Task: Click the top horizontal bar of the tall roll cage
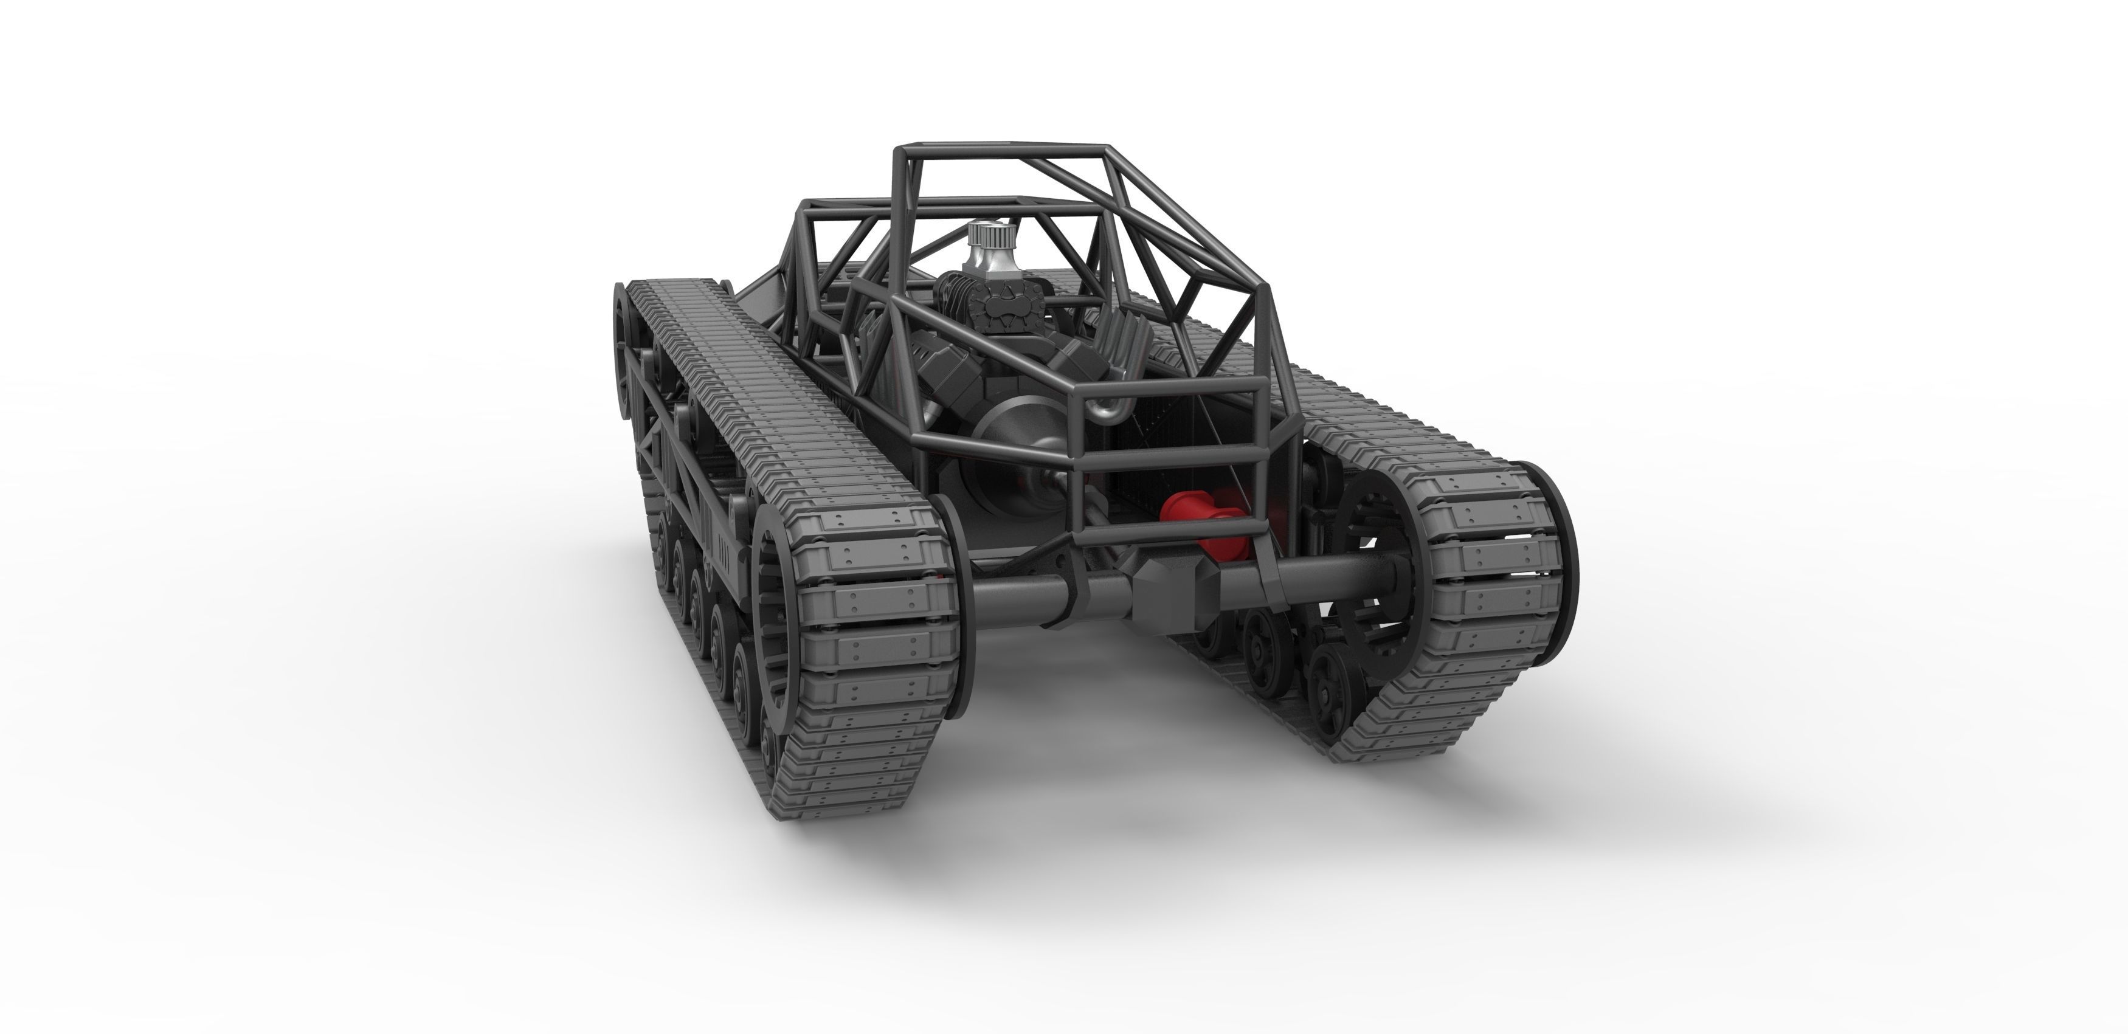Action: pyautogui.click(x=1000, y=150)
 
